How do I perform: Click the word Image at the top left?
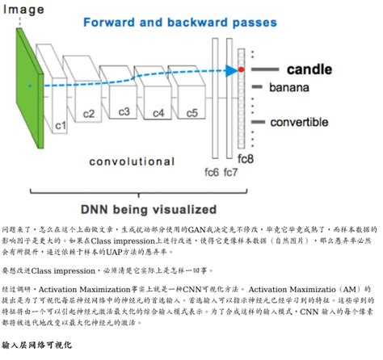23,10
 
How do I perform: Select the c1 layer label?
59,126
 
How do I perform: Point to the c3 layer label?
124,111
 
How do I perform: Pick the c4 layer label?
158,112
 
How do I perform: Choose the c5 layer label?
191,112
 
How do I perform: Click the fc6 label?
212,172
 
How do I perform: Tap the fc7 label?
230,172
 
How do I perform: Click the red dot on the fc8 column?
240,71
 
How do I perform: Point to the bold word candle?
309,69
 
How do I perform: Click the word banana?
288,87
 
